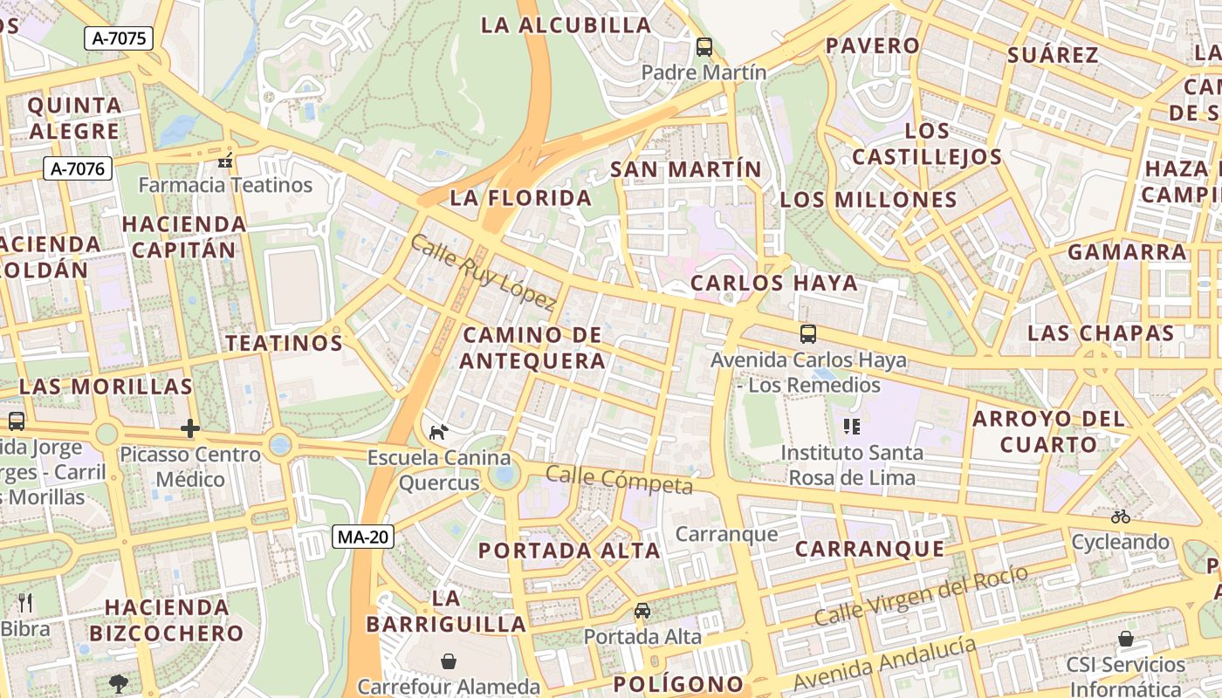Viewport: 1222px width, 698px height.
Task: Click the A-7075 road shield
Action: click(119, 38)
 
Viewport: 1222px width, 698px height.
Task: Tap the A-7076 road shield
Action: click(78, 168)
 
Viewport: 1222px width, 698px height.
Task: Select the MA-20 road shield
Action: click(362, 537)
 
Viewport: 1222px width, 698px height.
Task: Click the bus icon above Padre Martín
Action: click(704, 47)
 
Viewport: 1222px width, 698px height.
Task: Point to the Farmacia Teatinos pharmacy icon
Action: click(225, 160)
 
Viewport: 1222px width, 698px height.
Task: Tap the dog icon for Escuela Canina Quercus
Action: click(438, 432)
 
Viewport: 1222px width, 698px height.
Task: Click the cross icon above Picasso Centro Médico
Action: click(190, 428)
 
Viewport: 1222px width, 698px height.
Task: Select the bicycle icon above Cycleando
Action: click(1121, 517)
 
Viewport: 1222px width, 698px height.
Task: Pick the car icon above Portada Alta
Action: click(642, 611)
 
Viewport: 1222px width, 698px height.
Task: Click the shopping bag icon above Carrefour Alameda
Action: click(449, 661)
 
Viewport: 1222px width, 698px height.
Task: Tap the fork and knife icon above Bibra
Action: click(25, 602)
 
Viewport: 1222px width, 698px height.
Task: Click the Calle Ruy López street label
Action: click(482, 272)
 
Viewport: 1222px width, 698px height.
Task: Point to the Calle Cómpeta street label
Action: click(619, 479)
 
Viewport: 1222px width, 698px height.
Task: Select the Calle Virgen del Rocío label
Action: click(921, 595)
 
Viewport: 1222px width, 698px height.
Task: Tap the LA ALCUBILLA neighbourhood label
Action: click(566, 24)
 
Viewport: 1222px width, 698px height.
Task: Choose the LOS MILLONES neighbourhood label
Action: click(868, 199)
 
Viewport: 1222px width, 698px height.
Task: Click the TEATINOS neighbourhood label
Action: click(285, 343)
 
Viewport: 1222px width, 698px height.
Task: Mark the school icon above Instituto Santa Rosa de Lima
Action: click(852, 427)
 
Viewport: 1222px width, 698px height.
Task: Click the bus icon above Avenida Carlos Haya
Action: click(808, 333)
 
